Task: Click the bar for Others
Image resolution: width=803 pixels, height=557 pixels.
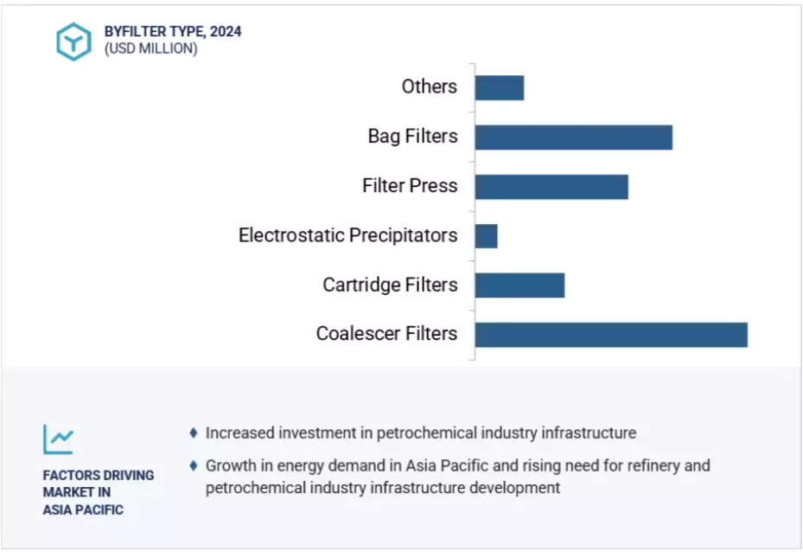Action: pos(500,88)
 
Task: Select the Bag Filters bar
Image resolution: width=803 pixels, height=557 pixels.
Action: pos(574,138)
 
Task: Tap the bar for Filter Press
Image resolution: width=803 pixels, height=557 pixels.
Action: pos(551,187)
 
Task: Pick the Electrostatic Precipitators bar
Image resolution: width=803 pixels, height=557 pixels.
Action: pos(486,236)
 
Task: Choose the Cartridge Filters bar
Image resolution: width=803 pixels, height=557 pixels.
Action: pos(519,285)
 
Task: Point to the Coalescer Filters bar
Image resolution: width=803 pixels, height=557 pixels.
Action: pos(611,335)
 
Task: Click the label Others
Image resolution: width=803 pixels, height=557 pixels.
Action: pos(429,86)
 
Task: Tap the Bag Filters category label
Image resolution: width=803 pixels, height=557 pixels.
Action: pos(413,137)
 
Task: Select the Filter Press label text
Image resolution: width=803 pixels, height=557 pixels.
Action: pos(410,185)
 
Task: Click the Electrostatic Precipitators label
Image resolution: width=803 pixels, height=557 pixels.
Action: pos(347,235)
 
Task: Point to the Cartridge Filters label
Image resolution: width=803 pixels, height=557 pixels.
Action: pos(390,285)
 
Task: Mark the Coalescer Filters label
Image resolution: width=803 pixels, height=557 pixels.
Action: pos(386,334)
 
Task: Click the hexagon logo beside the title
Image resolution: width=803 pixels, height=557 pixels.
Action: pos(73,42)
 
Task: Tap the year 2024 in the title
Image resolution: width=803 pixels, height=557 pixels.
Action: pos(226,32)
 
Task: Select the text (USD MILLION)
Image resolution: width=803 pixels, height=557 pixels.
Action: pos(151,48)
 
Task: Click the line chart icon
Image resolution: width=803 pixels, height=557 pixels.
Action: pos(59,439)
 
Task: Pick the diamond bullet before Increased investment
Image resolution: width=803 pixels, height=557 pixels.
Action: pos(194,433)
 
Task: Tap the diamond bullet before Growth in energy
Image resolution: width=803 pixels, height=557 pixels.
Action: pos(194,466)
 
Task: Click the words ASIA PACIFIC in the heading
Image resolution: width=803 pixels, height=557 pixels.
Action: pos(83,509)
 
